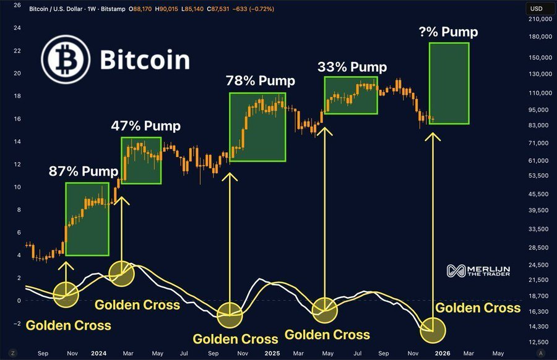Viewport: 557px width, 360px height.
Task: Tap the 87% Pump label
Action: click(x=83, y=171)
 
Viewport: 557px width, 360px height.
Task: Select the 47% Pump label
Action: click(x=145, y=126)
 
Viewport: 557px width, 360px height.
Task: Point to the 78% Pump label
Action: click(x=260, y=80)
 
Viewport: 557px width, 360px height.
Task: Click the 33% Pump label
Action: click(x=352, y=67)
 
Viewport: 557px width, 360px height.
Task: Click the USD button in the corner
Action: click(x=536, y=9)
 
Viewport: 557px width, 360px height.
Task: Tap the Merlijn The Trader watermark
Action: click(x=479, y=270)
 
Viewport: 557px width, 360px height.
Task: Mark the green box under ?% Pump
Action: click(x=449, y=83)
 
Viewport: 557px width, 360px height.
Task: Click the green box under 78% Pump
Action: click(x=257, y=127)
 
